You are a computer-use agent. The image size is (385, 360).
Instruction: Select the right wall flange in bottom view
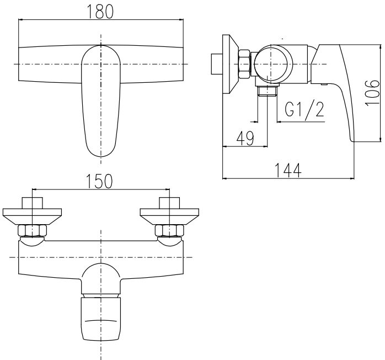169,214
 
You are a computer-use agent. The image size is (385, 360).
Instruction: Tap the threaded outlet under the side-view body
268,91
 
